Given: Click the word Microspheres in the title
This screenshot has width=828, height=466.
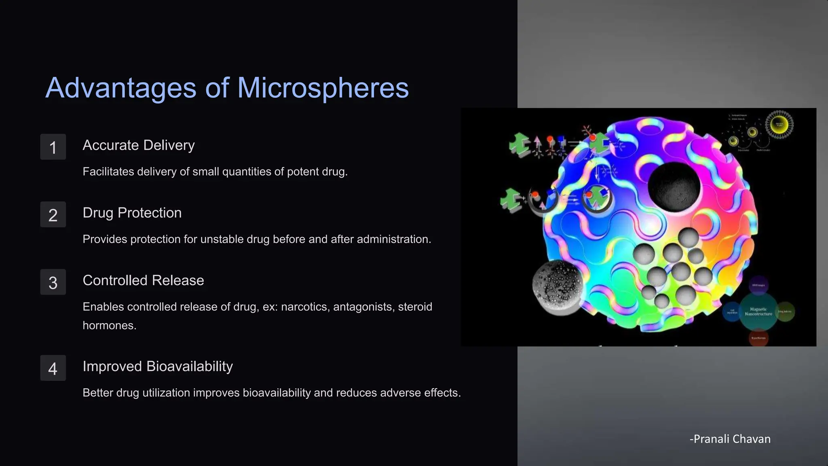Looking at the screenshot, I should (323, 88).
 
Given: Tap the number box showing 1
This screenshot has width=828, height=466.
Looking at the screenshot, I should (53, 147).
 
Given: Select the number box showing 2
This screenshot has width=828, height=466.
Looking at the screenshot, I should (53, 214).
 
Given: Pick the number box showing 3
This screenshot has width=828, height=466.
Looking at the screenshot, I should (53, 282).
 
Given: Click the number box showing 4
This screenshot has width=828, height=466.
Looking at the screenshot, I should (53, 368).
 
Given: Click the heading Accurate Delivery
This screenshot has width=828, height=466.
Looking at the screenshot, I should (138, 145).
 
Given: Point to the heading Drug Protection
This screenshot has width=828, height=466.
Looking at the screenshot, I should (132, 213).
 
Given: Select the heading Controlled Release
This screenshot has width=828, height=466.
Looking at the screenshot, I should (143, 280).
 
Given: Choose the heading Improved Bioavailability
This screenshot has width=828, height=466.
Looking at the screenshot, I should (158, 366).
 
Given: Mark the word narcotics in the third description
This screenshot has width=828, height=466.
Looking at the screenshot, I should (304, 307).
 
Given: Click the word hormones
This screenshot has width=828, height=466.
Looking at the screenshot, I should (109, 325).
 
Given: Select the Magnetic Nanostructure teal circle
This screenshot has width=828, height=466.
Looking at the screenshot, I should (758, 311).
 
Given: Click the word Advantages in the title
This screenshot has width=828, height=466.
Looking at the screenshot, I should (121, 88).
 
